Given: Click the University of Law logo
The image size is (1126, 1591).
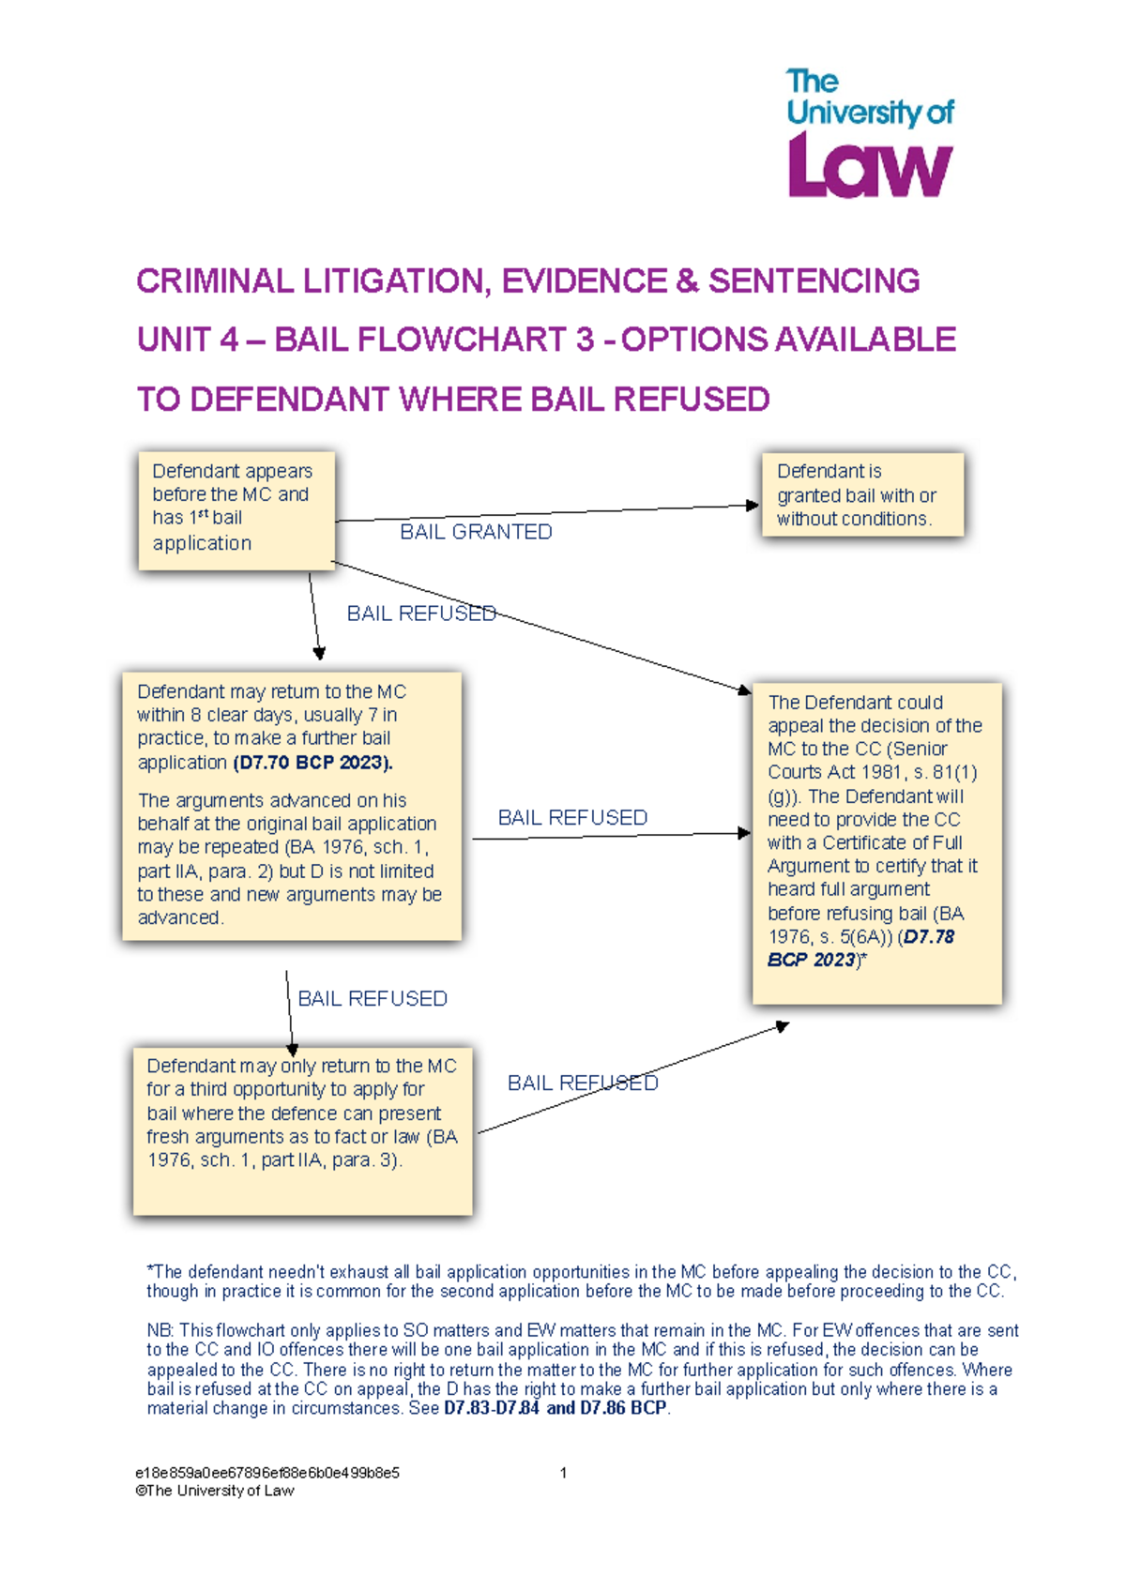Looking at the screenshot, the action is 870,133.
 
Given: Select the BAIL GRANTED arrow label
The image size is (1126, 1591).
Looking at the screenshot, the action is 476,532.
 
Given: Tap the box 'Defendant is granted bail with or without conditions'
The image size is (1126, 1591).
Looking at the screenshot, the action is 862,494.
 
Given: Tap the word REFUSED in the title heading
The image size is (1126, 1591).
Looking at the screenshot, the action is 691,400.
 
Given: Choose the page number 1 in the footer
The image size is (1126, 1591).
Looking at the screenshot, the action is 563,1473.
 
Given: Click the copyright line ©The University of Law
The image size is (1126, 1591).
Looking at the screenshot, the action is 215,1491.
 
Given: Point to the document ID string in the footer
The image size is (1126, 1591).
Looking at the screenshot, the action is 267,1473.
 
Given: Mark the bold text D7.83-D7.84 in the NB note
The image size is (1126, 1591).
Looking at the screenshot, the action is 492,1408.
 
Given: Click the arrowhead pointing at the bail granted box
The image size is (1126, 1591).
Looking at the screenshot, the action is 753,506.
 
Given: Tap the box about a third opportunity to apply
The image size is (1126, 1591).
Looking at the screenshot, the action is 302,1130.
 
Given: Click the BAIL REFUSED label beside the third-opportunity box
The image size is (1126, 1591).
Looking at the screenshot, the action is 583,1083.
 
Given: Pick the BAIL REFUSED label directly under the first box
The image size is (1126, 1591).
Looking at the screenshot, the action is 421,614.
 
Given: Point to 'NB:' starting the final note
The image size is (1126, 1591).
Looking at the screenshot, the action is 160,1330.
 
